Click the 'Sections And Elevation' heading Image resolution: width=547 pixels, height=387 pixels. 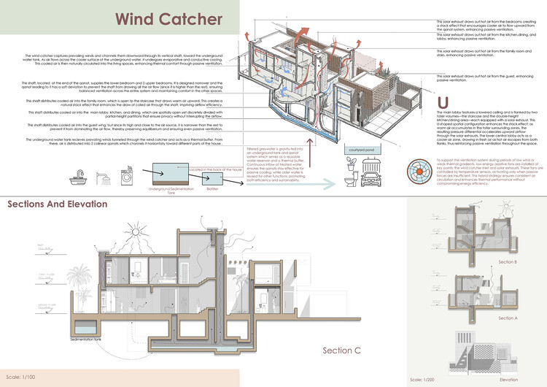point(58,204)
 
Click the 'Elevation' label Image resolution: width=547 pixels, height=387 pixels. point(500,380)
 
